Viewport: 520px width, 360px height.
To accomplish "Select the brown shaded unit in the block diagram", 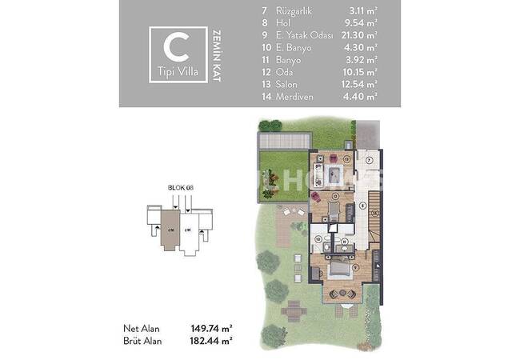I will (170, 228).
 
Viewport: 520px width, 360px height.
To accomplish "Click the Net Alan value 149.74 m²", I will (210, 327).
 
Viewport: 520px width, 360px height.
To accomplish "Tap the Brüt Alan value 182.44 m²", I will (210, 341).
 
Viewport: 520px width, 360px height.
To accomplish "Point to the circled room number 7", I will (369, 160).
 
